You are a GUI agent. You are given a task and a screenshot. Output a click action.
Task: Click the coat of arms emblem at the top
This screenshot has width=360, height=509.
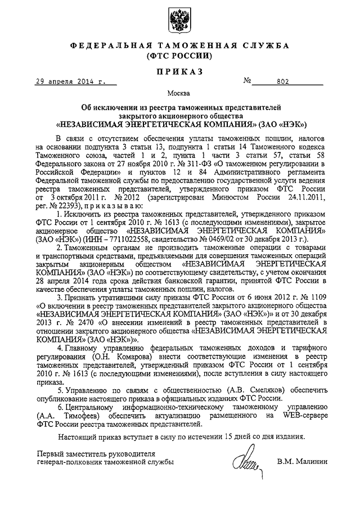(x=179, y=21)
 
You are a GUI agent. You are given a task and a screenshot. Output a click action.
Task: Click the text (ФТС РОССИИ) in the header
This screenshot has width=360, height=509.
(x=179, y=56)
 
